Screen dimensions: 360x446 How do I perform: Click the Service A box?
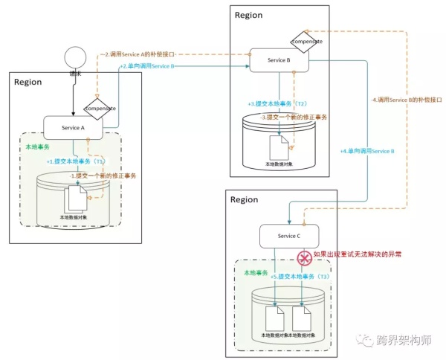tap(74, 128)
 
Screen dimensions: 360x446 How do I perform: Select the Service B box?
tap(279, 60)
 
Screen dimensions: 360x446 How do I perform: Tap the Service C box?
tap(289, 237)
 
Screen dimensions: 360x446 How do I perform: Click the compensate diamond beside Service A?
tap(100, 109)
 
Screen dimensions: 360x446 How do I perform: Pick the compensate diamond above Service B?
tap(306, 41)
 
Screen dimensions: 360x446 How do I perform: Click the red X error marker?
tap(303, 258)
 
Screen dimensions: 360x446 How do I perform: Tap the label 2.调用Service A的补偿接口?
tap(147, 54)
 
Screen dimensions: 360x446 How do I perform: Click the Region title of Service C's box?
tap(245, 199)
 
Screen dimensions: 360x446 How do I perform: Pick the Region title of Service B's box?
tap(248, 15)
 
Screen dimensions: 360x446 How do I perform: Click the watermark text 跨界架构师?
tap(404, 341)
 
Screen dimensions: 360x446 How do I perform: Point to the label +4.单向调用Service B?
tap(367, 152)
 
